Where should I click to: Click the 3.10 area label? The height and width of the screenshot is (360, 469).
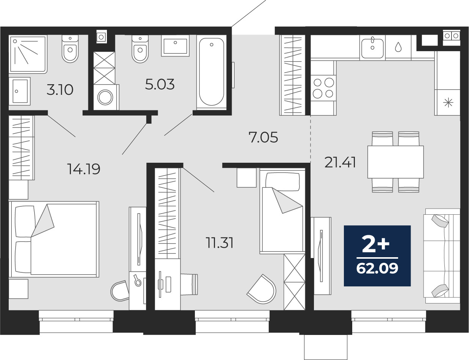[60, 90]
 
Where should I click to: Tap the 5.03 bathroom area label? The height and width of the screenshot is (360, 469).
[160, 84]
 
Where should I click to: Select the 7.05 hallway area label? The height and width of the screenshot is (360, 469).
[263, 137]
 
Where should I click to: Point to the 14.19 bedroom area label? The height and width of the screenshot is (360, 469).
[84, 169]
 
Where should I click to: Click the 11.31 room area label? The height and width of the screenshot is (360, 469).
[220, 243]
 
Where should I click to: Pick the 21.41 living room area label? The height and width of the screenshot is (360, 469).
[340, 163]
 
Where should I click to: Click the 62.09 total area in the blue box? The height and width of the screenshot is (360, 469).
[377, 269]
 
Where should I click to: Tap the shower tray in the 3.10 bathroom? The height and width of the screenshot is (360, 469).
[28, 54]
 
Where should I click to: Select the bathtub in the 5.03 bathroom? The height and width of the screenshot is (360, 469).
[212, 72]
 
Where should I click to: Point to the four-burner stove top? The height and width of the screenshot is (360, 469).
[323, 88]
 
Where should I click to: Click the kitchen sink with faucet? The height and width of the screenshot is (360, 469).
[372, 47]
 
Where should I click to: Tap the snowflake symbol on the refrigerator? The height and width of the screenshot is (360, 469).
[448, 102]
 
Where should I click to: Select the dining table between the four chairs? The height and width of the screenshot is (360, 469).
[395, 162]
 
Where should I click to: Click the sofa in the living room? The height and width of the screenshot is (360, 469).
[442, 256]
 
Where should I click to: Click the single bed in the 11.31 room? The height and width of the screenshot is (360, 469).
[282, 212]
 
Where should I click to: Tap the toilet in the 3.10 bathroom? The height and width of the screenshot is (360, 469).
[70, 49]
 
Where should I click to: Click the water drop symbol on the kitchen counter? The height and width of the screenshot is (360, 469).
[398, 47]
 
